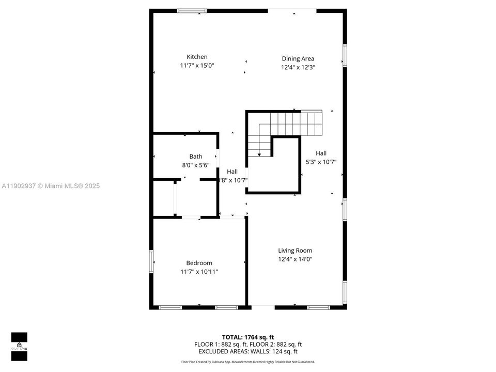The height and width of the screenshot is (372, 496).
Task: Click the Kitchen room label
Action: point(197,57)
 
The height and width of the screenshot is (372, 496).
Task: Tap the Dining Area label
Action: point(298,59)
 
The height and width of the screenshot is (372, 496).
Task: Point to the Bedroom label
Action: point(199,263)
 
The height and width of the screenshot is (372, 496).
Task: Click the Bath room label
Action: point(196,157)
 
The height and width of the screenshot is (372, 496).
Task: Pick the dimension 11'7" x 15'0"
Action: point(197,66)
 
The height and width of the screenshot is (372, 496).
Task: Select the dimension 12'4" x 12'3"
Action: point(298,67)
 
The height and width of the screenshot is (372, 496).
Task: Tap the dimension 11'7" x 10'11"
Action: point(199,272)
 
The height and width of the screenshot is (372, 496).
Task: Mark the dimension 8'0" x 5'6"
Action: point(196,165)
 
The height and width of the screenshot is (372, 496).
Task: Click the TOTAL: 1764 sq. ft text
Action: point(248,337)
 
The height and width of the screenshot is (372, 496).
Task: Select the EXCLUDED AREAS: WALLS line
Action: point(248,351)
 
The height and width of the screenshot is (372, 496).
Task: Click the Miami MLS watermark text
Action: point(50,186)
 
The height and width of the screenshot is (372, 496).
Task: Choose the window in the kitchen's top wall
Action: point(192,10)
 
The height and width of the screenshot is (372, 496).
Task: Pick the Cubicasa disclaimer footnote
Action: point(248,362)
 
